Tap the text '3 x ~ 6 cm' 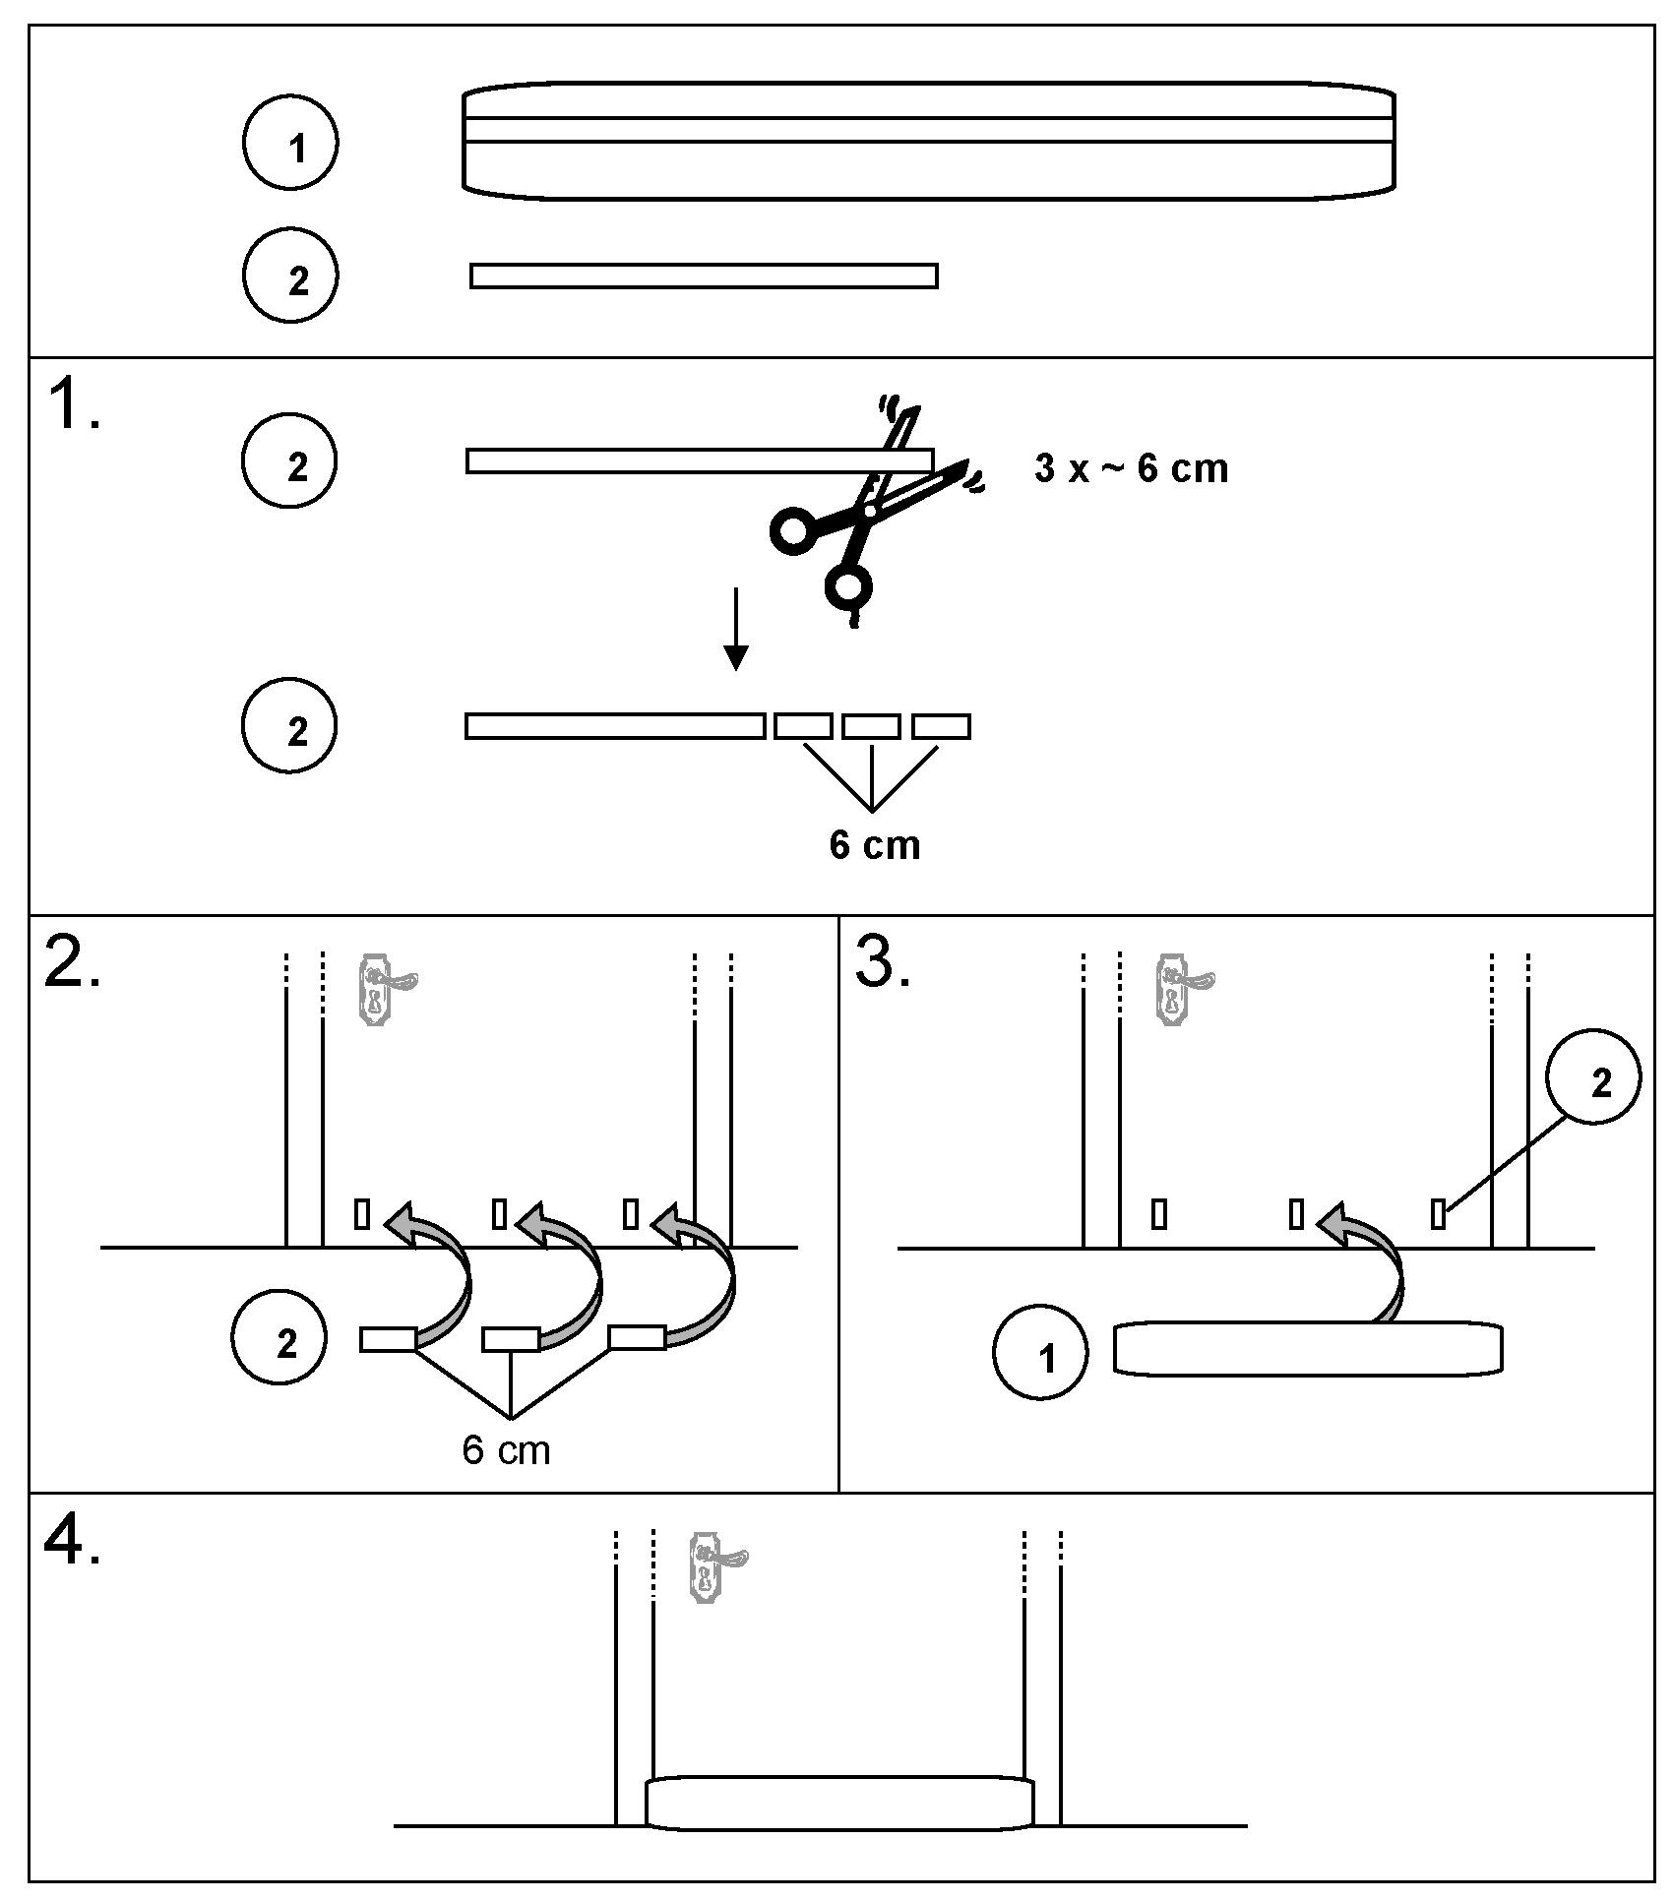[1131, 468]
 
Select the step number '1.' [73, 407]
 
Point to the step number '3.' [883, 965]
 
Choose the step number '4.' [73, 1543]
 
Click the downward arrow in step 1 [735, 630]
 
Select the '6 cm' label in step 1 [874, 846]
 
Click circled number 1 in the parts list [290, 143]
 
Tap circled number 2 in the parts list [290, 276]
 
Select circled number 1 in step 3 [1041, 1352]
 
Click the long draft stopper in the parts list [928, 143]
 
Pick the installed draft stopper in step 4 [839, 1803]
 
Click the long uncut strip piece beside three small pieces [615, 726]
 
